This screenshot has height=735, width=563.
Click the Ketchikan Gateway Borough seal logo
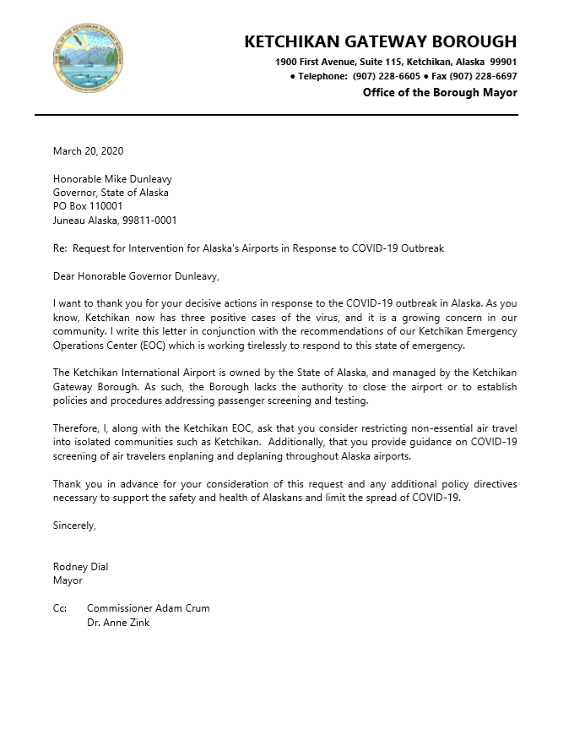(88, 58)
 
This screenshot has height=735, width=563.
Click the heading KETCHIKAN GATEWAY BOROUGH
(380, 41)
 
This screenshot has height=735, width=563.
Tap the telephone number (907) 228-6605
(385, 76)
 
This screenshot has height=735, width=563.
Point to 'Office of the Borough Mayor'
(440, 93)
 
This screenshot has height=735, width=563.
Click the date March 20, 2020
(88, 151)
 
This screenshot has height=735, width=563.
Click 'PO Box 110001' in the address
(88, 206)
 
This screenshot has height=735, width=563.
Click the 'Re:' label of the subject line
(60, 248)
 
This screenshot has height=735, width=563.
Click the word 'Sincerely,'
(74, 525)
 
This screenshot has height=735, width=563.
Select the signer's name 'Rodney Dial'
(80, 567)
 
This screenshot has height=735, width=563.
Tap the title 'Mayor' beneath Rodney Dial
(68, 580)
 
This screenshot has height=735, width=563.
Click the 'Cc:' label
(60, 608)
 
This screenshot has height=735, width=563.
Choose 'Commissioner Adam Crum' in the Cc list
(148, 608)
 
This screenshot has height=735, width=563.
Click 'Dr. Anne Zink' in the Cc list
(118, 623)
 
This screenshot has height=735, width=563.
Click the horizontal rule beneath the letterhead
(276, 115)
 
